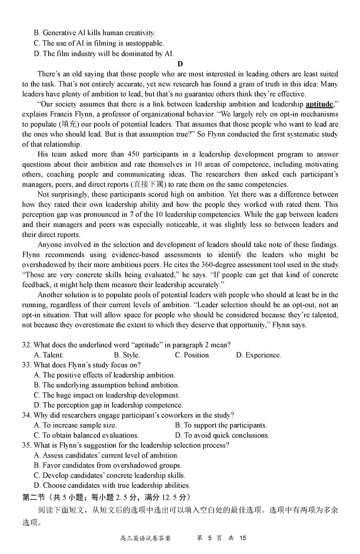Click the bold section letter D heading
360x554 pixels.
click(x=180, y=64)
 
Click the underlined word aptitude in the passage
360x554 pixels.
click(x=319, y=104)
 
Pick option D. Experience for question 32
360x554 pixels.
click(x=259, y=355)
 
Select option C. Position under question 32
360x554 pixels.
click(x=193, y=355)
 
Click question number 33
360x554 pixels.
click(x=27, y=365)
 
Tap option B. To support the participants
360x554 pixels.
click(x=221, y=425)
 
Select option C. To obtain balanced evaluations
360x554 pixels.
click(x=86, y=435)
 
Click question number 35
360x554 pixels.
click(x=27, y=445)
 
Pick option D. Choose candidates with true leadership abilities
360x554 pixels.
click(x=112, y=485)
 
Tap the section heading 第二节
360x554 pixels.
click(x=34, y=497)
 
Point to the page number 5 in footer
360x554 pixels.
click(x=209, y=538)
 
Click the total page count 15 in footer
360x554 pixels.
click(x=243, y=538)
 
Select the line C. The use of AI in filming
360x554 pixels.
click(x=99, y=43)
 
